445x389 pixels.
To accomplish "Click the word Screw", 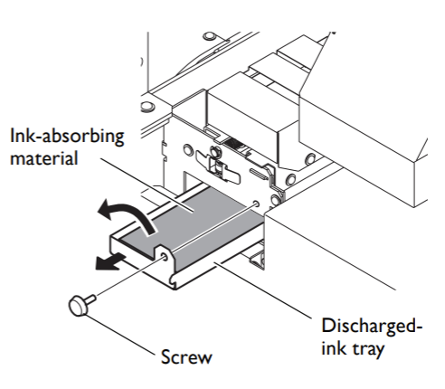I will click(x=185, y=358).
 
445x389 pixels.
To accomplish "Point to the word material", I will click(x=43, y=159).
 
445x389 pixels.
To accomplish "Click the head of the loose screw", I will click(x=77, y=307).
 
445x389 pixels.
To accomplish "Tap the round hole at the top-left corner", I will click(x=210, y=37).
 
